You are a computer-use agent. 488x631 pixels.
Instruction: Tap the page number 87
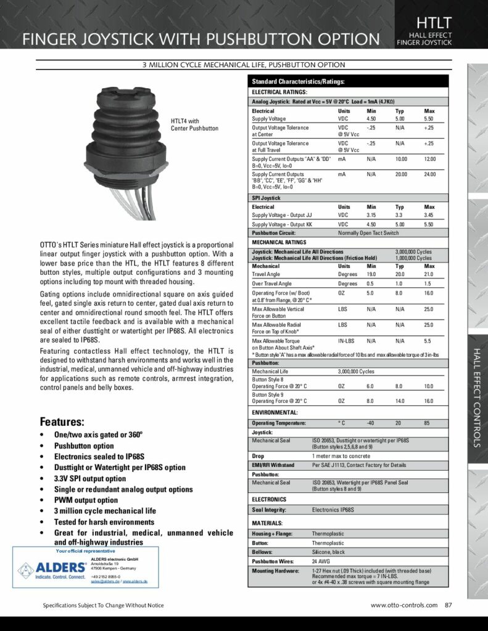(449, 605)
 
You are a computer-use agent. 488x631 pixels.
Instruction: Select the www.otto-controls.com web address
(404, 605)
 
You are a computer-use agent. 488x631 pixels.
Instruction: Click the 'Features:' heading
(62, 422)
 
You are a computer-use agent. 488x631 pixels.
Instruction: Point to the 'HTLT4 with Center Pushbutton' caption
(194, 124)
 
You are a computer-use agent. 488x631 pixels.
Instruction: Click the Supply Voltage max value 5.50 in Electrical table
(430, 118)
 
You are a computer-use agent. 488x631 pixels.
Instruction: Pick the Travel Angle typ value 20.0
(400, 274)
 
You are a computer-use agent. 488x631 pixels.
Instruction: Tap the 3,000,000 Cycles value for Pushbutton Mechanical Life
(356, 372)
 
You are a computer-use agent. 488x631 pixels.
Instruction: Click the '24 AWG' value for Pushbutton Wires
(321, 562)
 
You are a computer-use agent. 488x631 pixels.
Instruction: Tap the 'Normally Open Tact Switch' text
(368, 234)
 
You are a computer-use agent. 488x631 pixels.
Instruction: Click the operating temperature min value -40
(371, 423)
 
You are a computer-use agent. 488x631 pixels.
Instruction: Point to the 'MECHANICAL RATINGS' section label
(279, 243)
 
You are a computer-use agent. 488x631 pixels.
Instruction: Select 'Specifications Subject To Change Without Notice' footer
(103, 606)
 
